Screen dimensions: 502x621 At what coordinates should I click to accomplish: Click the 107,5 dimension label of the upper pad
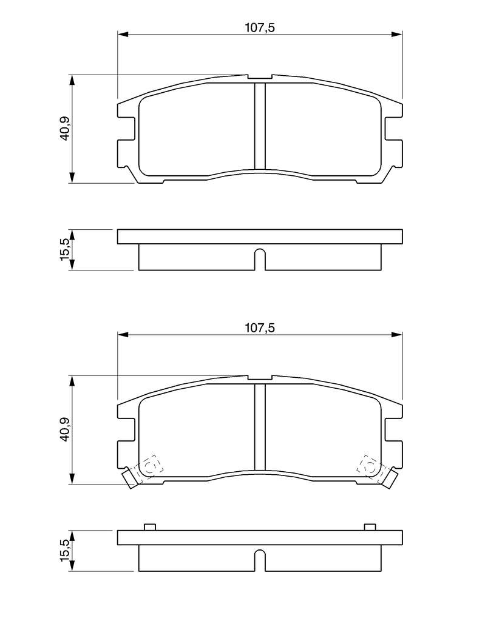[260, 28]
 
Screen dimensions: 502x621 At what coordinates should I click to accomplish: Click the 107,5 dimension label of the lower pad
[260, 328]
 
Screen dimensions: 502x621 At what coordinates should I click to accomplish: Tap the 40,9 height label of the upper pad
[64, 128]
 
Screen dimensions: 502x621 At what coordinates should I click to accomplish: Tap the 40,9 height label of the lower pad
[64, 429]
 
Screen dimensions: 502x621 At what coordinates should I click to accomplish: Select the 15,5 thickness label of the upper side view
[64, 249]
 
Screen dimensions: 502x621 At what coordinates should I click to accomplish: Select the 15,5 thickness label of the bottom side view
[64, 551]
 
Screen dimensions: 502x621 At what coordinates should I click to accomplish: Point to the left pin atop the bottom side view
[149, 527]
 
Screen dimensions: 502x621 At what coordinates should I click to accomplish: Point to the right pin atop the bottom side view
[370, 527]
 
